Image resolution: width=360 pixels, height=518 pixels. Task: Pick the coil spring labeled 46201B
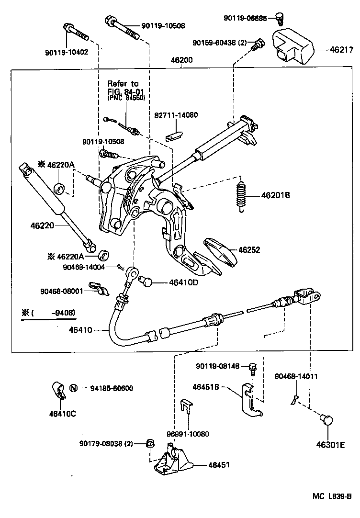pos(242,195)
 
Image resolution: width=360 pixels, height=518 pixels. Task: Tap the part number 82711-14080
pos(176,115)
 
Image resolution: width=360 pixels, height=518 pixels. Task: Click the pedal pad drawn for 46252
pos(221,252)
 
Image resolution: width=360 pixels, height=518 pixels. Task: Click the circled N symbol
pos(73,388)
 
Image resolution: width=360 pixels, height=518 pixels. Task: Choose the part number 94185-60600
pos(111,388)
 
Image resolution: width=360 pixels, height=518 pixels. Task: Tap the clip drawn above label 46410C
pos(59,392)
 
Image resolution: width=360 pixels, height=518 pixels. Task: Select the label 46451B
pos(206,386)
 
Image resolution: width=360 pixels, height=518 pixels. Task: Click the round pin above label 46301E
pos(326,420)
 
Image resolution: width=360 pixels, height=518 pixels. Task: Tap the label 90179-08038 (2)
pos(106,443)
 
